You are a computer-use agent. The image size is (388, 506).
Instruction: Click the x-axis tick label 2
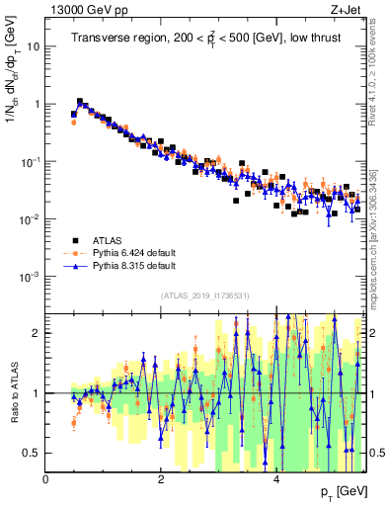[x=161, y=479]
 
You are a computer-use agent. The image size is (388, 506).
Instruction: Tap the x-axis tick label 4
[x=275, y=479]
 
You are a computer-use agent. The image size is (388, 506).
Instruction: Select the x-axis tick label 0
[x=46, y=479]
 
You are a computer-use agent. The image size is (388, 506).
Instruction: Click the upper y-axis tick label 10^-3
[x=31, y=276]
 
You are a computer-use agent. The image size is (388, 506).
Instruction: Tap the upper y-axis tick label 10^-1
[x=31, y=161]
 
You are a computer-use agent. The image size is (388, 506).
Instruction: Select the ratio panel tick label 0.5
[x=34, y=453]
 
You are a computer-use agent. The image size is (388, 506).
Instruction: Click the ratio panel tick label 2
[x=38, y=333]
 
